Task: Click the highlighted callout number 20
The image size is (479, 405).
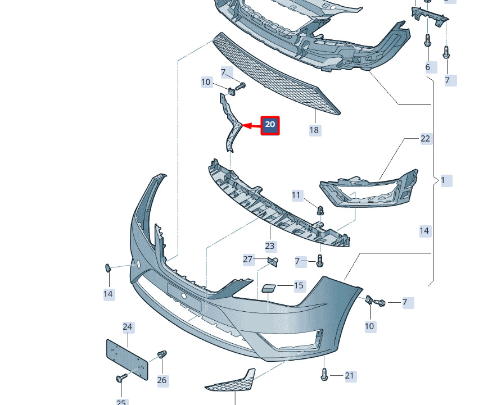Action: point(270,125)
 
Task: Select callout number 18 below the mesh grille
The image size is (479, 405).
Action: point(314,130)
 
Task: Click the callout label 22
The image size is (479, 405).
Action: point(425,139)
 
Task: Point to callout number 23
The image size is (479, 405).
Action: point(270,246)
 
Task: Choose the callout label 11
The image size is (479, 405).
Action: point(297,195)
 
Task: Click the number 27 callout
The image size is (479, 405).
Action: point(248,259)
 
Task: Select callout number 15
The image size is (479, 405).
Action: point(299,286)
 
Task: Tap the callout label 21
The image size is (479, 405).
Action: point(350,376)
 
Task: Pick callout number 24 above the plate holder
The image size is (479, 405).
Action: point(128,327)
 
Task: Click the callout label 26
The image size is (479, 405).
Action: point(162,380)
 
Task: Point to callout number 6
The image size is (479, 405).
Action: point(428,67)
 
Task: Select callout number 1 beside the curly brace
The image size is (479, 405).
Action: point(443,181)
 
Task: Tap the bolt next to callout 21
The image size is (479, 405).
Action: point(325,375)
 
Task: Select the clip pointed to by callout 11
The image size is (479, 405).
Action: point(320,211)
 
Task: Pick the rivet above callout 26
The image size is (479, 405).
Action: point(162,355)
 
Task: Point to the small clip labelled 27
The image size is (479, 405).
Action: point(273,261)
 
